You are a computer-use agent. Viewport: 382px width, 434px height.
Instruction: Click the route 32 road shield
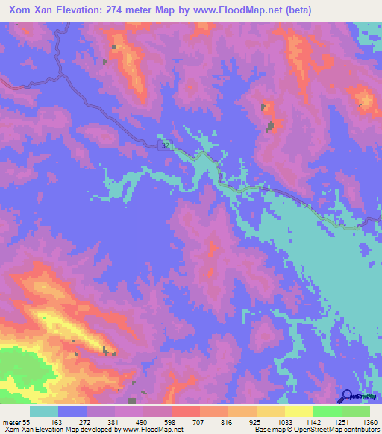point(165,146)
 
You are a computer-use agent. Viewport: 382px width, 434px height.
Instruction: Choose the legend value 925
point(259,422)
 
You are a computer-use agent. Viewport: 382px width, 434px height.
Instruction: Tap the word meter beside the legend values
point(11,422)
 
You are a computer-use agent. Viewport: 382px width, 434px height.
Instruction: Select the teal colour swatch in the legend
point(44,411)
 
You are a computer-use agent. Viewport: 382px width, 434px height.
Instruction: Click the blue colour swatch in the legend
point(72,411)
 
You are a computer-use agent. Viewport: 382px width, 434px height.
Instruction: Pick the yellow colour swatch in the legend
point(299,411)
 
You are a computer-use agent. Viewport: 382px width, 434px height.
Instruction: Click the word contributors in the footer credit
point(360,430)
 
